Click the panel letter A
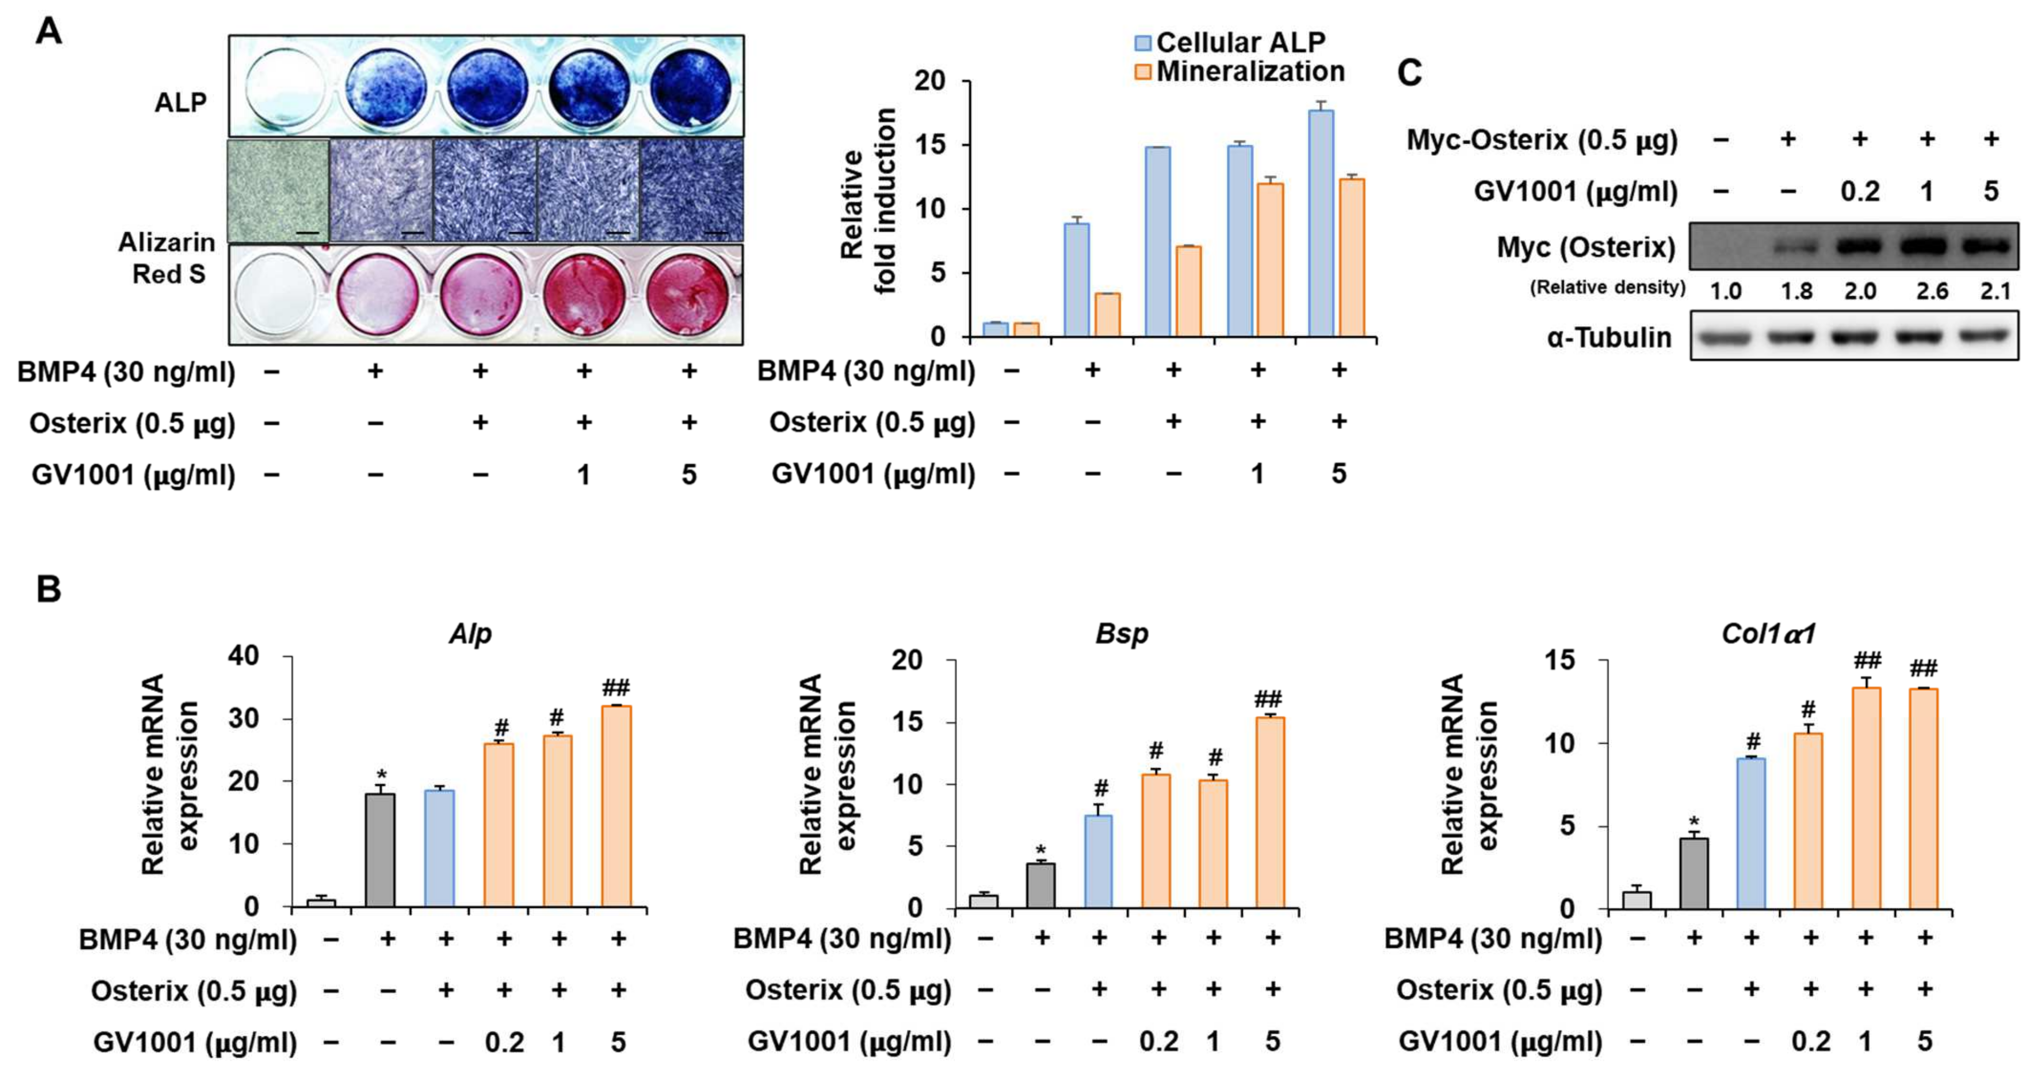pos(48,33)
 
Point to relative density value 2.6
pos(1932,292)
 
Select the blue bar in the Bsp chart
pos(1098,861)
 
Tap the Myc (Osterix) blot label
pos(1586,247)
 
